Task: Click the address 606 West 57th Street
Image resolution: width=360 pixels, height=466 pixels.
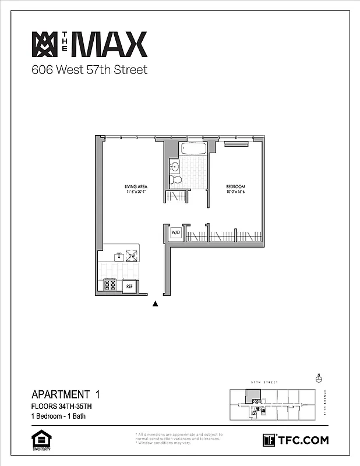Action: (89, 71)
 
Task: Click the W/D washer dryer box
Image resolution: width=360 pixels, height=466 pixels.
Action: (176, 233)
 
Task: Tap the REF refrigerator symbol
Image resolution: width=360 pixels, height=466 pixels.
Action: (129, 286)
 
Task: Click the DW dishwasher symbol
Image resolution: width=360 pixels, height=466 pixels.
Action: (132, 256)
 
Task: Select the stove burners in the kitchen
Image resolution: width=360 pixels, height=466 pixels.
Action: (110, 285)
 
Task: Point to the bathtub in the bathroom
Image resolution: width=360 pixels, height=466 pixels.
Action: (192, 149)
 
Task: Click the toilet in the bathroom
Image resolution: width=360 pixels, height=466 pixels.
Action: (178, 179)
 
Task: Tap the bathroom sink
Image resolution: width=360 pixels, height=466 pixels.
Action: (174, 166)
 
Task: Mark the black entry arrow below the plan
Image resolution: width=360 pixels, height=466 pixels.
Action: (156, 303)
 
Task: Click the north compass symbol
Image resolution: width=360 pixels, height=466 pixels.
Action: (318, 378)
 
